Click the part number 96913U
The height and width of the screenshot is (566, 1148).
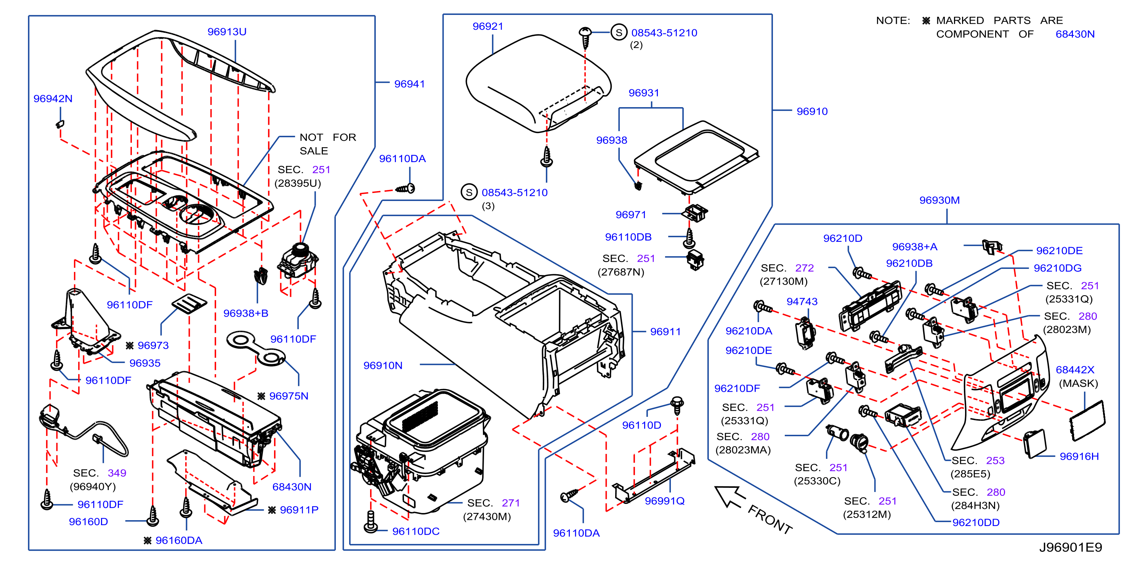227,32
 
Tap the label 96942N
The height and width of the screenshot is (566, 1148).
53,98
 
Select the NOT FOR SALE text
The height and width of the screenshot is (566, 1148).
327,144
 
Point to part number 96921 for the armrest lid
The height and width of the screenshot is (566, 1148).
487,26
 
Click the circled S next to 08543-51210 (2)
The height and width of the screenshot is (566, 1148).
619,32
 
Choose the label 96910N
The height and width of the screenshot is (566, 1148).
383,365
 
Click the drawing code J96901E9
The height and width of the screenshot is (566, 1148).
1071,547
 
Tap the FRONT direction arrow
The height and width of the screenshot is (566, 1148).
730,497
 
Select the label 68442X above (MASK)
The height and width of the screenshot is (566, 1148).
1075,370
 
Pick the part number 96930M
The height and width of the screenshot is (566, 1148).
940,200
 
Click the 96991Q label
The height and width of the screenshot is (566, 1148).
664,501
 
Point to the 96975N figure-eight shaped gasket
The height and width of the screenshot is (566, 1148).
256,349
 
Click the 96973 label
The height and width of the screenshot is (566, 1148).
153,345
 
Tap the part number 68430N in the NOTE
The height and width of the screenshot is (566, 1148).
1075,34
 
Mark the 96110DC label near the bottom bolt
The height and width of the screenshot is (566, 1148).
416,531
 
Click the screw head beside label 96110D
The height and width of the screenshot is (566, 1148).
677,401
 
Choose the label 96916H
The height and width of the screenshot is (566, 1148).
1079,456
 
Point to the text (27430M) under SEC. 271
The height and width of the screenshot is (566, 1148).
487,516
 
